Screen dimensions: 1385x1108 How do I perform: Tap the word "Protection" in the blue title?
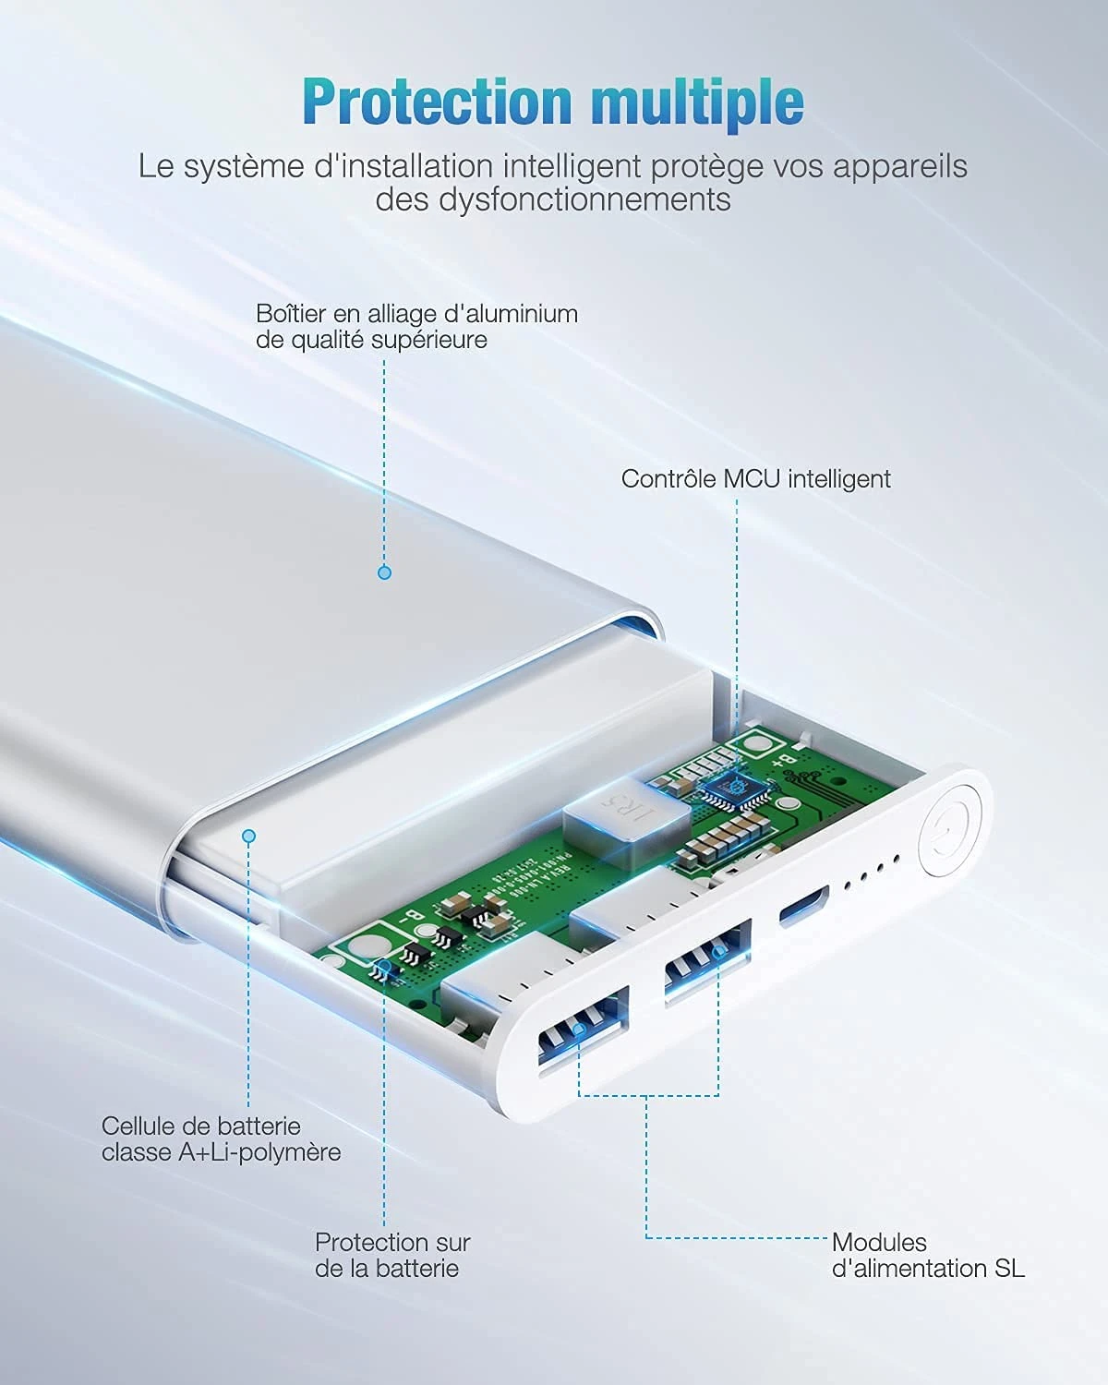click(437, 102)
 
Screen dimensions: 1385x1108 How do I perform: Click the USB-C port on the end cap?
click(803, 905)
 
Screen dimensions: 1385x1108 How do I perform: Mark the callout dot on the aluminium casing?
click(385, 572)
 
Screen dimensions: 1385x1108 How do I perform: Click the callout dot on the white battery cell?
click(247, 836)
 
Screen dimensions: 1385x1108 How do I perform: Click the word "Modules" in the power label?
click(879, 1243)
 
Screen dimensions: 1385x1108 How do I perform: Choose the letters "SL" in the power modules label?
click(1010, 1269)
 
